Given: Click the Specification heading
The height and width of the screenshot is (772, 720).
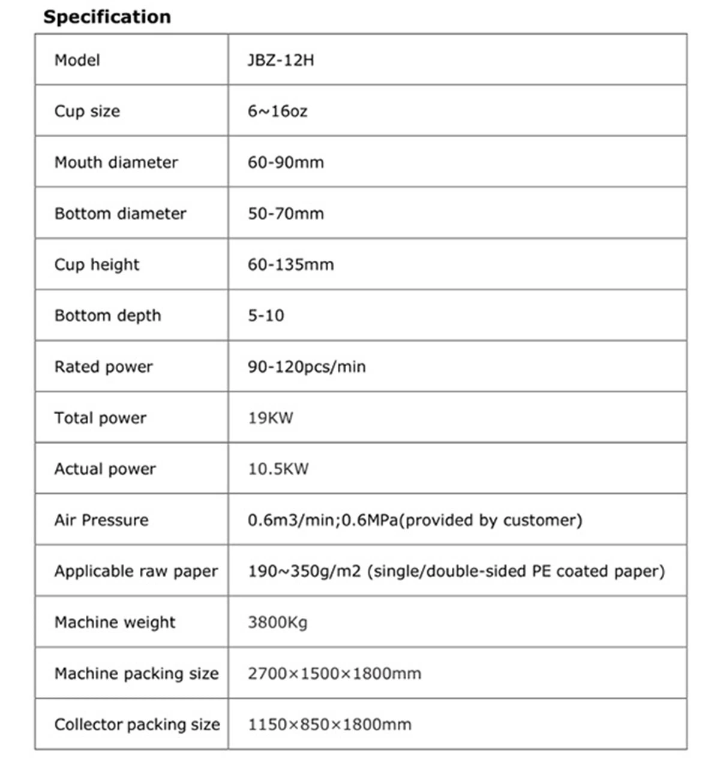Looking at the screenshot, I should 107,17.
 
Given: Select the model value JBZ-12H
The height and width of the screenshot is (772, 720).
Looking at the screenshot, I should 280,60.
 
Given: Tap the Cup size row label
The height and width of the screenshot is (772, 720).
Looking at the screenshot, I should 87,111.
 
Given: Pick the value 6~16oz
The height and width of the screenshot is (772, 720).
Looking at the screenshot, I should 277,111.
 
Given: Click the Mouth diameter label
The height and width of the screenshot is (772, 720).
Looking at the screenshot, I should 116,162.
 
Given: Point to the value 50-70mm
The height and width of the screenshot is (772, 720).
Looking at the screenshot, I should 286,213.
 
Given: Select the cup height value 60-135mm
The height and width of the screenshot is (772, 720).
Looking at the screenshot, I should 290,264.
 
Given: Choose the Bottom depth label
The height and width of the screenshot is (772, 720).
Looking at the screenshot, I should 107,315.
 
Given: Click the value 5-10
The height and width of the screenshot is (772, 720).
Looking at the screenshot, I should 266,315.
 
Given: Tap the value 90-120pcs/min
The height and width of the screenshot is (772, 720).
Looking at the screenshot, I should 307,366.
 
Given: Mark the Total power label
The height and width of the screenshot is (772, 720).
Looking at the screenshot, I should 100,418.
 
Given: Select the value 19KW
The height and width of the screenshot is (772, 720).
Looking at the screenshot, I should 271,418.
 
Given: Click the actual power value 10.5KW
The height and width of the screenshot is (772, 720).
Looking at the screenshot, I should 278,469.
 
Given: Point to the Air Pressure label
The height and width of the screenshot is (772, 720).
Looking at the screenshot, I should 101,520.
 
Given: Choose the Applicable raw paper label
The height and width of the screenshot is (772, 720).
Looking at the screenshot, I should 136,571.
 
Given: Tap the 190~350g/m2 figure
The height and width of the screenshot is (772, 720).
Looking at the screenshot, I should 304,571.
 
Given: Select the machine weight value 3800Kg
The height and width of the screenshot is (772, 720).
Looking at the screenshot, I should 277,622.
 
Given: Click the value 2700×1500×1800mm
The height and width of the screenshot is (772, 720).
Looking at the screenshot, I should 334,673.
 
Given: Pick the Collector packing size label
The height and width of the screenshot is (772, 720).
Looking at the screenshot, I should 137,725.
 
